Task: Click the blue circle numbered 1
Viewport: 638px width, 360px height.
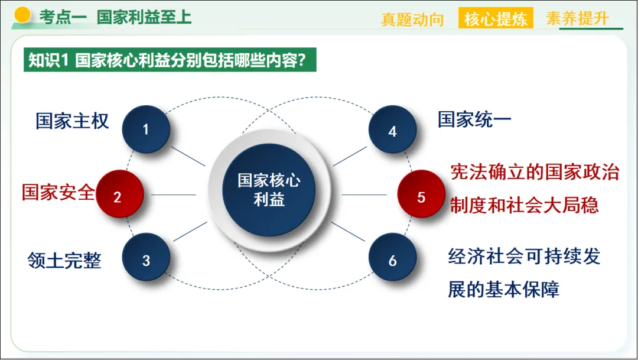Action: click(x=146, y=129)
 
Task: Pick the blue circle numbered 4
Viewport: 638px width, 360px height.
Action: click(x=392, y=130)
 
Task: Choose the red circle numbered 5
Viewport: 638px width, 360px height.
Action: click(x=421, y=196)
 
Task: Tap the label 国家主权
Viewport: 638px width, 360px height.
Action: click(x=72, y=121)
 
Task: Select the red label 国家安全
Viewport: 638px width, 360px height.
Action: click(x=58, y=192)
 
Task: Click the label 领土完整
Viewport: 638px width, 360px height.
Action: click(x=64, y=260)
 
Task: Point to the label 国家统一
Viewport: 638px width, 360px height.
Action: click(x=474, y=119)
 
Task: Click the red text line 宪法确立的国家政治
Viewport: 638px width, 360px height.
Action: click(x=535, y=172)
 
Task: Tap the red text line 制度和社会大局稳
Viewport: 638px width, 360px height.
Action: click(x=524, y=205)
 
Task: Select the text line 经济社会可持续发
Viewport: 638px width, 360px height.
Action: click(x=524, y=257)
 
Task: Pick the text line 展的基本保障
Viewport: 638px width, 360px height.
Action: click(x=503, y=289)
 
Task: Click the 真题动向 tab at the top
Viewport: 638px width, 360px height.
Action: click(x=412, y=20)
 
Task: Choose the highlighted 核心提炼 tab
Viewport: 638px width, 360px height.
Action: click(x=496, y=19)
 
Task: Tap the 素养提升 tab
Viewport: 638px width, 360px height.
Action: click(x=577, y=18)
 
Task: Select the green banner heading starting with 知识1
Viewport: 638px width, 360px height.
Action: click(x=170, y=60)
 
